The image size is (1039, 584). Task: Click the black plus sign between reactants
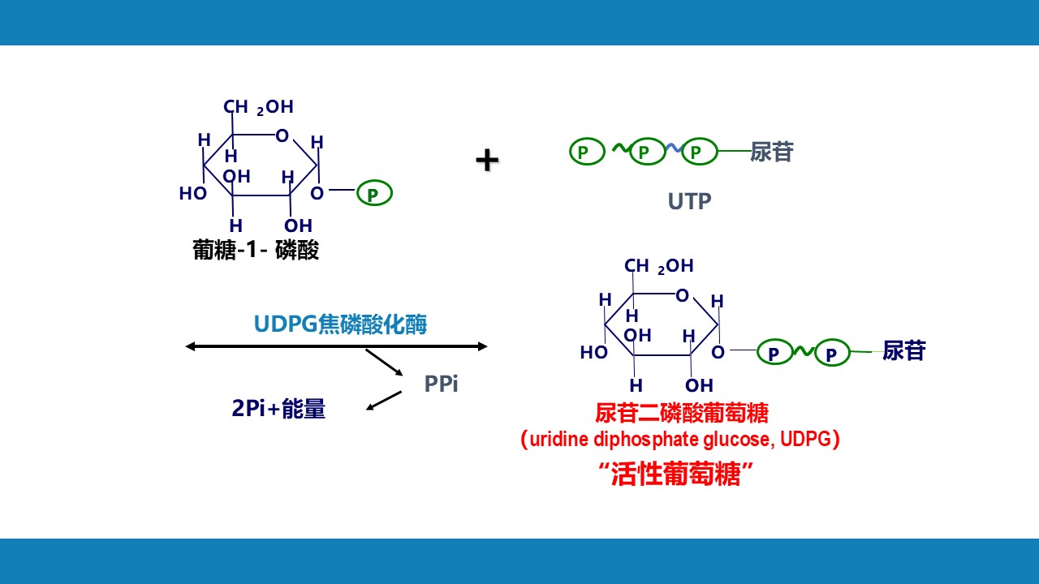(487, 161)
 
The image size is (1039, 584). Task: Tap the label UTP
(689, 201)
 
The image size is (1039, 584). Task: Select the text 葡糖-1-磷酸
(256, 250)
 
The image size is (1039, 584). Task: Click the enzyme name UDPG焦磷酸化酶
(340, 325)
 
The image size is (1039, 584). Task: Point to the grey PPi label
(441, 384)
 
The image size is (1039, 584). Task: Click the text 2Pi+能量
(278, 409)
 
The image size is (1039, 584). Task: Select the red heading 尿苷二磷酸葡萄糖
(681, 414)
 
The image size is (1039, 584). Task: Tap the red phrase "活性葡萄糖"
(678, 474)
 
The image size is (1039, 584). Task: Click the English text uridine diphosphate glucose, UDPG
(679, 440)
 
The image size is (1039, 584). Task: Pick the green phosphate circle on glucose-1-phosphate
(373, 194)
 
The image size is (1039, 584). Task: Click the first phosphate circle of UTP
(587, 151)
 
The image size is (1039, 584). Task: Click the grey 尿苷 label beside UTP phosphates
(771, 152)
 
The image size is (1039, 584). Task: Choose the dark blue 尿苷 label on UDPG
(903, 350)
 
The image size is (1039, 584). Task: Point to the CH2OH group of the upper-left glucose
(258, 107)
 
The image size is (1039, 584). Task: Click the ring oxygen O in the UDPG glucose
(682, 295)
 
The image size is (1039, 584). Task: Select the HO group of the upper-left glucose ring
(193, 194)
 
